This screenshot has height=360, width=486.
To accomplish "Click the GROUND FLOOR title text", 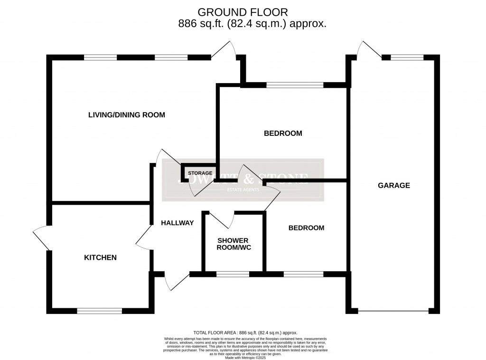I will point(243,12).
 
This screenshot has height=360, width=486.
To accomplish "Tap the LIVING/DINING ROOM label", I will point(126,115).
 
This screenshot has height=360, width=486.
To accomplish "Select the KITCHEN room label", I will point(100,257).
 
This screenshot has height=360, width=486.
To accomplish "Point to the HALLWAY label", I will point(177,223).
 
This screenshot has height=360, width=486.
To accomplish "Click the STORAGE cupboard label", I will point(200,173).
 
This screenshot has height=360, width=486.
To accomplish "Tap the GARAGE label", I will point(393,185).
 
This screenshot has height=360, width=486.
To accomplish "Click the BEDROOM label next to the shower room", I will point(306,228).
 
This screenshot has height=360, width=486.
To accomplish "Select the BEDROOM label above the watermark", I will point(283,133).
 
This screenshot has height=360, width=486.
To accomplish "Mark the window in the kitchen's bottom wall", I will point(99,311).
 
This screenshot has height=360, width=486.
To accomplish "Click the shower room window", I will point(233,274).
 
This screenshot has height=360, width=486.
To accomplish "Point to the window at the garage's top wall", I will point(407,57).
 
